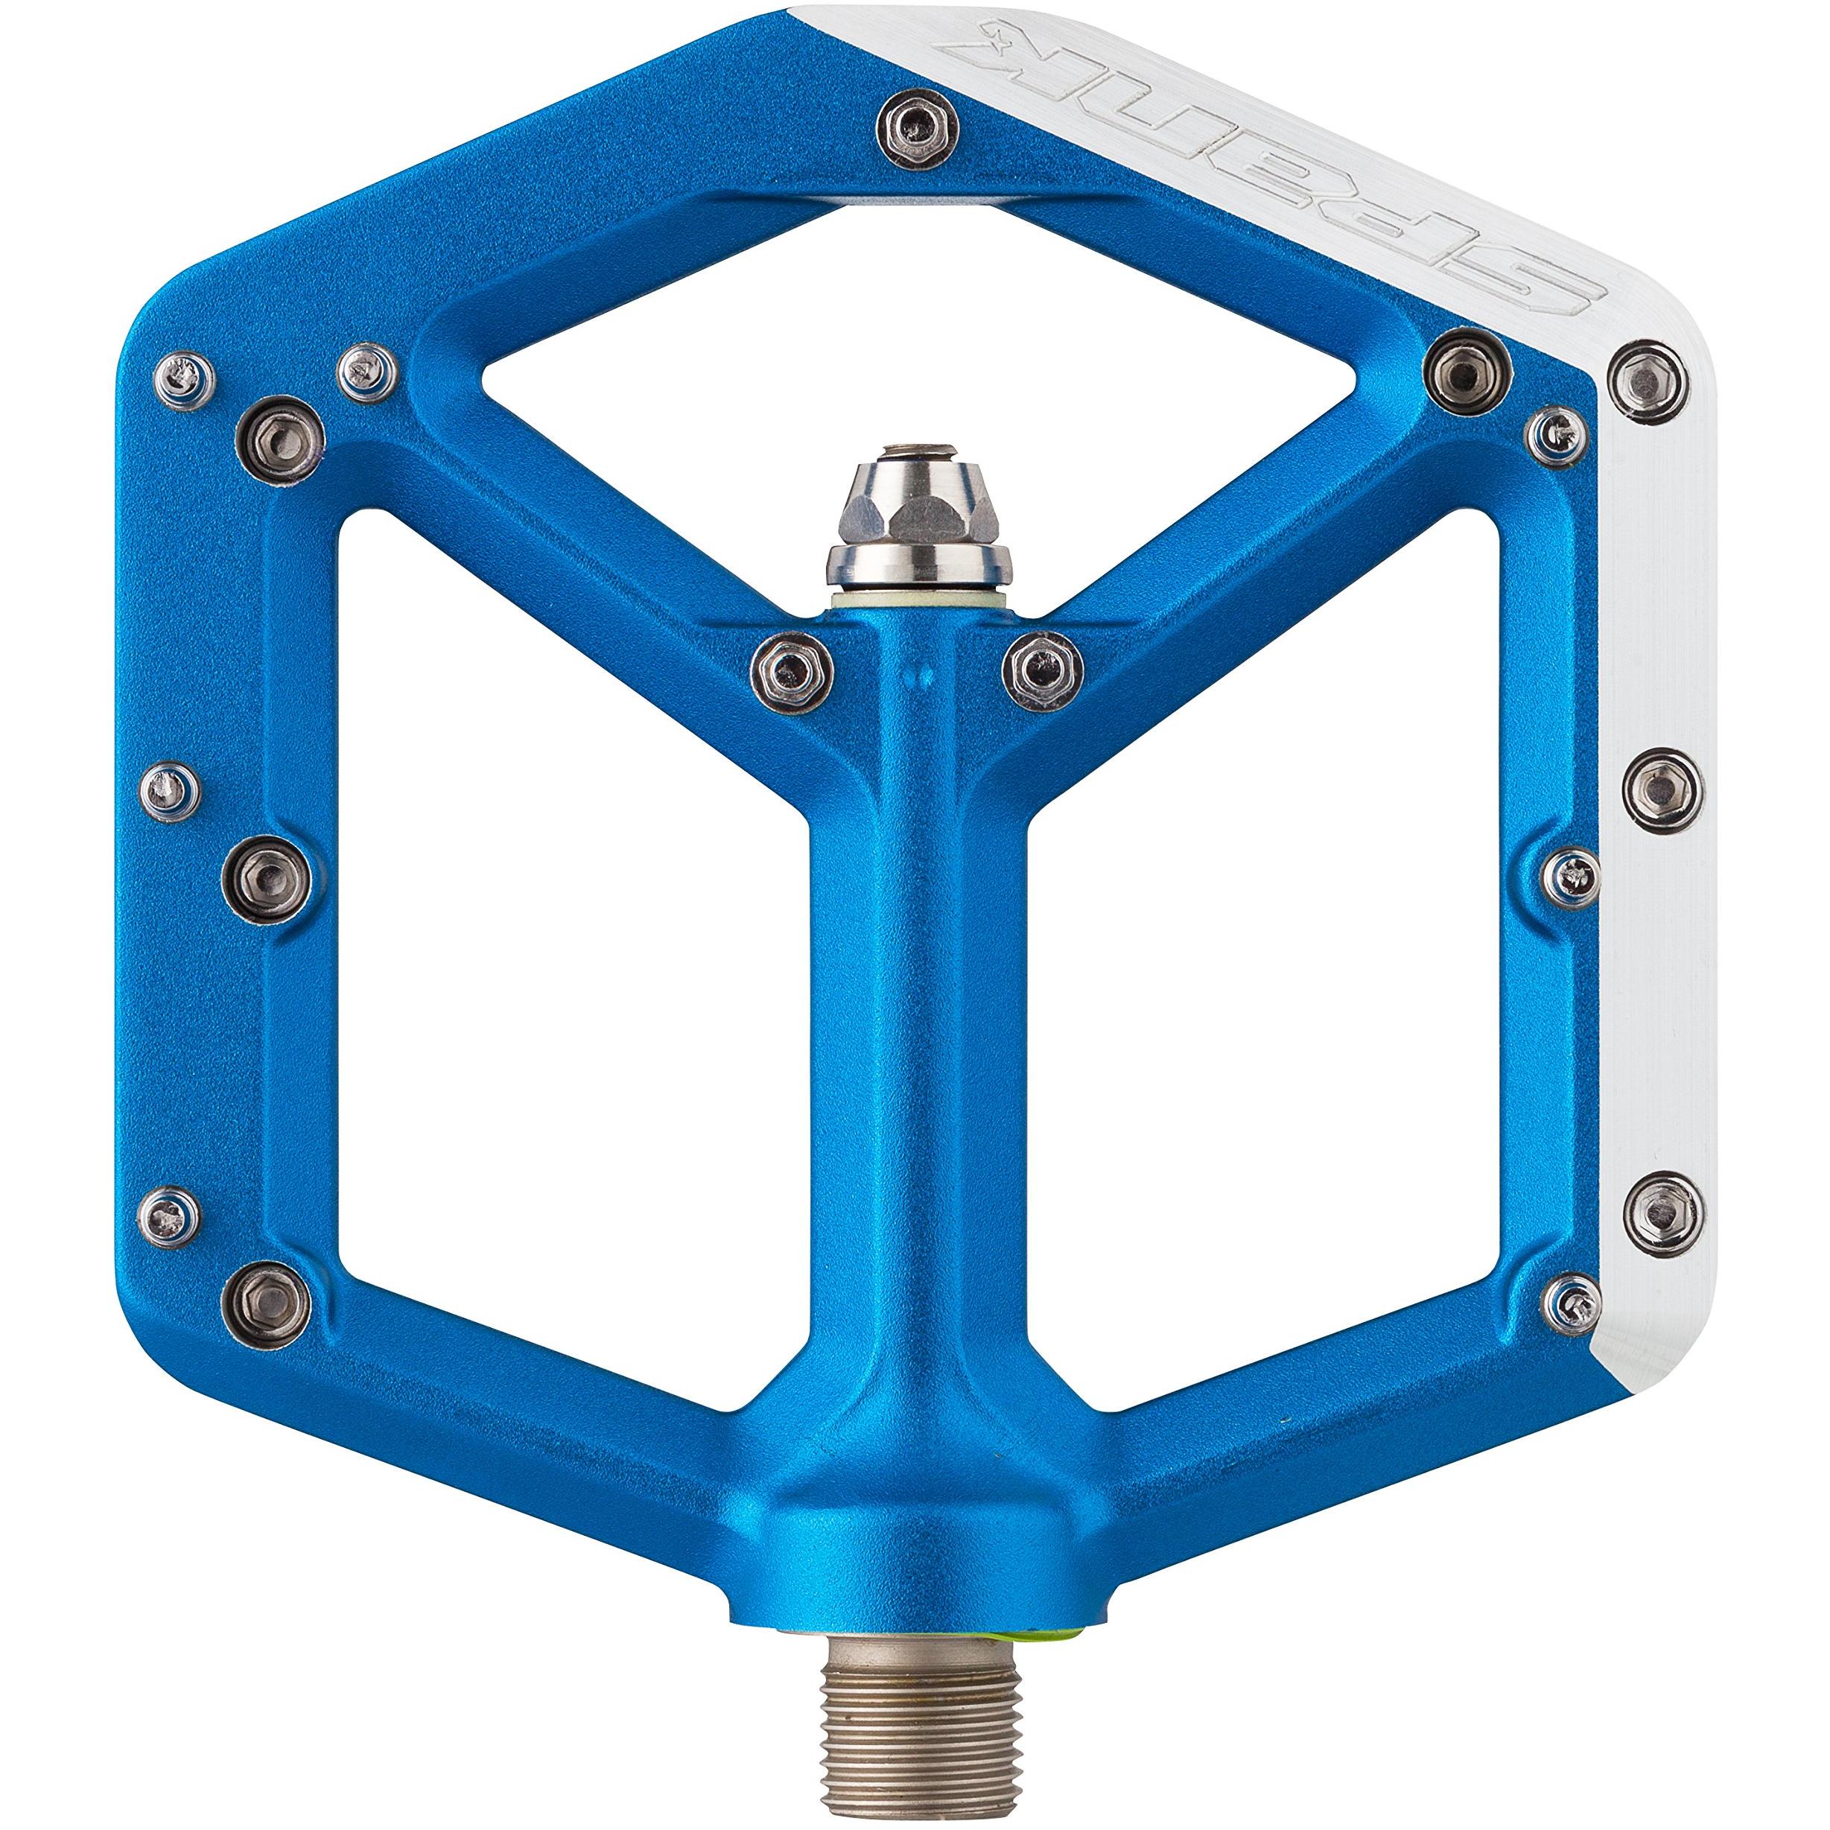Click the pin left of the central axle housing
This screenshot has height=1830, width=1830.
coord(790,669)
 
